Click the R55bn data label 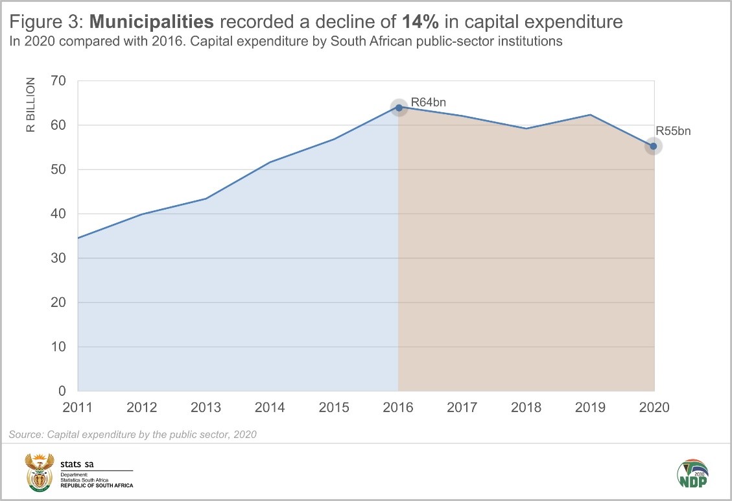pyautogui.click(x=673, y=131)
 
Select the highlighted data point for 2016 pyautogui.click(x=399, y=108)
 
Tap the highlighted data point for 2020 pyautogui.click(x=654, y=146)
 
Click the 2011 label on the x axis pyautogui.click(x=77, y=408)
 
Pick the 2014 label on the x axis pyautogui.click(x=270, y=408)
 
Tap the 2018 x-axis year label pyautogui.click(x=526, y=408)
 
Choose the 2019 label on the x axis pyautogui.click(x=590, y=408)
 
